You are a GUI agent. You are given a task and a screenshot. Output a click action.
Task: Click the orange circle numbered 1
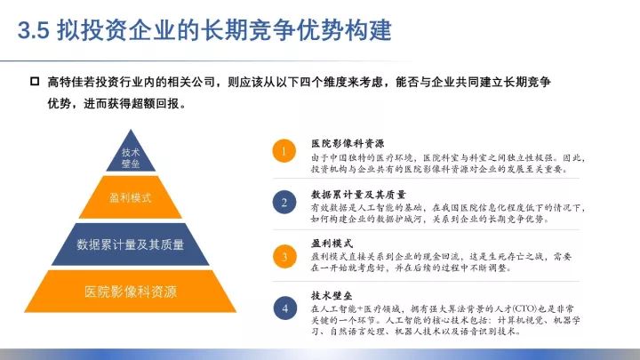(x=284, y=151)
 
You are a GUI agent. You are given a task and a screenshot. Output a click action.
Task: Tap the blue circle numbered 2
(x=284, y=203)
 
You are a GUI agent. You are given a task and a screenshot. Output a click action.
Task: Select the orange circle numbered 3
(x=284, y=256)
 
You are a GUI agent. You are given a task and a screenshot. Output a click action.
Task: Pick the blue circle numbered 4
(x=285, y=308)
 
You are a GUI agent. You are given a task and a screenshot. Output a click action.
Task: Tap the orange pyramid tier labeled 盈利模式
(x=131, y=198)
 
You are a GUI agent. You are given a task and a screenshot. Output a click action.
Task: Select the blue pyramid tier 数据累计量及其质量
(x=131, y=244)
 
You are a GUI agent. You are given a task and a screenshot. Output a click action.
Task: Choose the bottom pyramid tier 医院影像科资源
(x=131, y=292)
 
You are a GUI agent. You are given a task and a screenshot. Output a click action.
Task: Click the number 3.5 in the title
(x=34, y=30)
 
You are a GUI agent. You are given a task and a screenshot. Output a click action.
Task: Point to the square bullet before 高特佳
(x=35, y=81)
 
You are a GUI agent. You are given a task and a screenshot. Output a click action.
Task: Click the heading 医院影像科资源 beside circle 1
(x=348, y=143)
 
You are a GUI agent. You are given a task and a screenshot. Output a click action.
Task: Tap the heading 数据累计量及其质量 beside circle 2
(x=358, y=195)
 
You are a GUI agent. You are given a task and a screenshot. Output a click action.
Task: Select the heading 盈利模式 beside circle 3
(x=332, y=244)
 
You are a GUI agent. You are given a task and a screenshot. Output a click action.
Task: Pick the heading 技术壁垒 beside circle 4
(x=332, y=295)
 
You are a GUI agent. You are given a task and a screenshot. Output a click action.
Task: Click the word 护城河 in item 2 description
(x=409, y=220)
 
